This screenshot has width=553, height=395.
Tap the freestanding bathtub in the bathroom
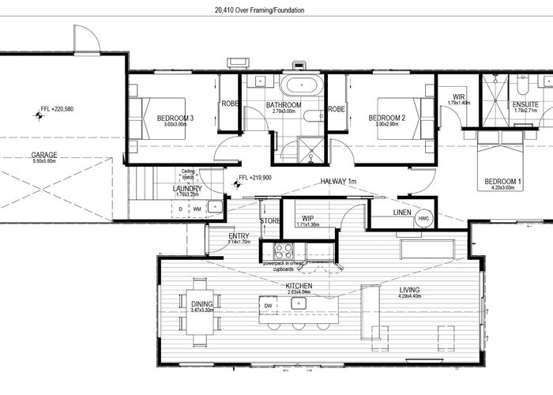pos(299,86)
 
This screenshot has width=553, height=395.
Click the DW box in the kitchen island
pos(269,305)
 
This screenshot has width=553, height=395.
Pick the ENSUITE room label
pos(525,104)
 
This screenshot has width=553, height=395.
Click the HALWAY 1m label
pos(339,182)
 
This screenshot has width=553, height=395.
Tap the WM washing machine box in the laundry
pos(197,209)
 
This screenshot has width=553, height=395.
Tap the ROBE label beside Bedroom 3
pos(229,103)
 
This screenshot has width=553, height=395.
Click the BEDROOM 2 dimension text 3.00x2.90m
pos(387,124)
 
